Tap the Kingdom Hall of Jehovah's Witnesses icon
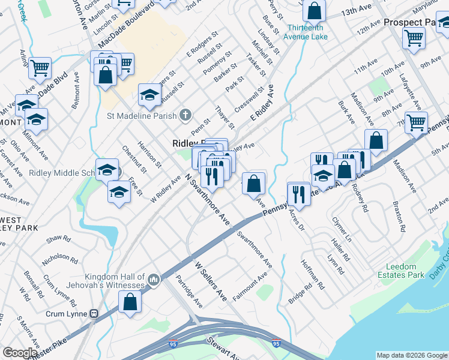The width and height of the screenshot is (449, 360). [x=154, y=280]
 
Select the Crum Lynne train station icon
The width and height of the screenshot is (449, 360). [x=94, y=314]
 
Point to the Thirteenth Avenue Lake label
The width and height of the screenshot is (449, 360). [x=307, y=32]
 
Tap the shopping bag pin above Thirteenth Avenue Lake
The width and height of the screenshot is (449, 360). [x=314, y=11]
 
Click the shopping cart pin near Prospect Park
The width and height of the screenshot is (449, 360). [x=414, y=38]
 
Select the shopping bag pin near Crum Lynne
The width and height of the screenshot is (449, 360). [x=130, y=302]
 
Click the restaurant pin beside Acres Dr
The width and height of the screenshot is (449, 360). [x=298, y=193]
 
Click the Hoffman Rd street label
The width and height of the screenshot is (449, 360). [x=313, y=275]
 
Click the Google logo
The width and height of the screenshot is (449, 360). [x=20, y=353]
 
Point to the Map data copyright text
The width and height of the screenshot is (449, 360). [x=411, y=355]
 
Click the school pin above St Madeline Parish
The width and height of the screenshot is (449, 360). [x=149, y=94]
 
